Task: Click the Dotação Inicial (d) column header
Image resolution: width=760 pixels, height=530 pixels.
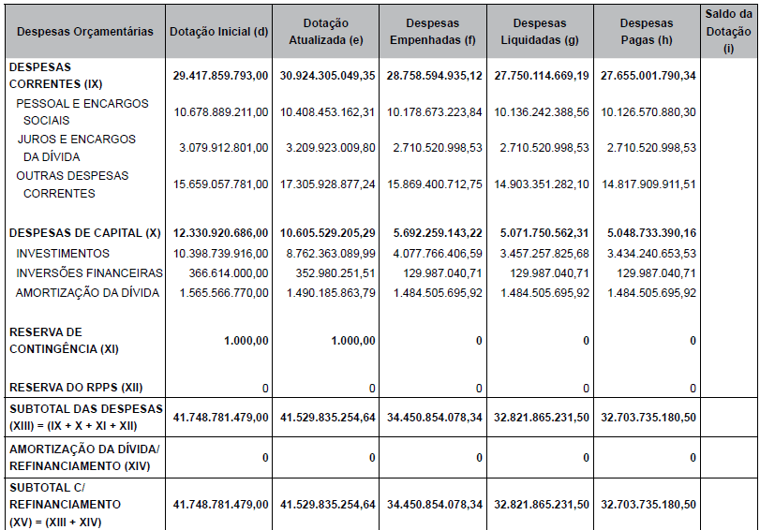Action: [219, 32]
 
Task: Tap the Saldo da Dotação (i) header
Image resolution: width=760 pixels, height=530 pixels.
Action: [728, 31]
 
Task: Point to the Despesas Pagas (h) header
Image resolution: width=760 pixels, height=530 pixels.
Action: [647, 32]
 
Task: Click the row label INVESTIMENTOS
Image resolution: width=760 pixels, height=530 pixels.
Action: [63, 254]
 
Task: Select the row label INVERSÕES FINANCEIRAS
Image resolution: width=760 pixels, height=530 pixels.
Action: [89, 273]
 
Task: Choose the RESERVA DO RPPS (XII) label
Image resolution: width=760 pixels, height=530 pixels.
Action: [76, 388]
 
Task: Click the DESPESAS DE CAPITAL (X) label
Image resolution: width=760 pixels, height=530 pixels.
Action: [85, 233]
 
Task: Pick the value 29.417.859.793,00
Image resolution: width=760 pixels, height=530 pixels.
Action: [221, 76]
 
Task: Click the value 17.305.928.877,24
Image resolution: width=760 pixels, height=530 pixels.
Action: [327, 184]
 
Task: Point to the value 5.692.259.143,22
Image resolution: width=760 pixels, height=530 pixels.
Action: [434, 233]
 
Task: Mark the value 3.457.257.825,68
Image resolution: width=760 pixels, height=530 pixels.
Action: [541, 254]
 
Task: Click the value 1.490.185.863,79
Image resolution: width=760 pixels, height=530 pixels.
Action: [327, 293]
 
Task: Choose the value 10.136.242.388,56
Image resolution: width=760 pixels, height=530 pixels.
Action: [541, 112]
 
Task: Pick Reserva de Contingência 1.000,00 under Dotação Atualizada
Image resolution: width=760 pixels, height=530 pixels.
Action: [351, 341]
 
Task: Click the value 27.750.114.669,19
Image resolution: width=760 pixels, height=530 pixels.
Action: [541, 76]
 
